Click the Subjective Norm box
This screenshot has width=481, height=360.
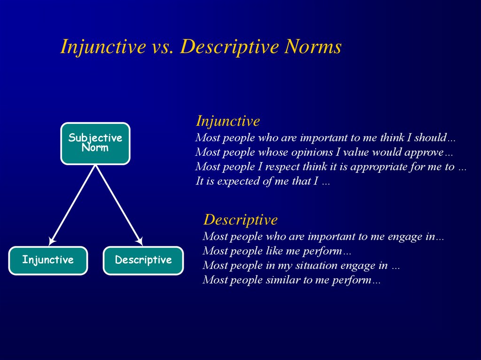point(95,144)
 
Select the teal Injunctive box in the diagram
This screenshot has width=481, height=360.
point(48,260)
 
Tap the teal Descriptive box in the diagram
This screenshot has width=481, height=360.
point(143,260)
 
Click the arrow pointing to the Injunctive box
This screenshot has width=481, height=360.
point(72,205)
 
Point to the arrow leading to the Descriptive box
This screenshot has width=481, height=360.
point(119,205)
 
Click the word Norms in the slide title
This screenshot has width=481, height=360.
point(312,47)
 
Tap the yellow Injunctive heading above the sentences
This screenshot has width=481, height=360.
point(228,121)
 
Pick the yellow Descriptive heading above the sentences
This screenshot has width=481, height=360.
point(240,220)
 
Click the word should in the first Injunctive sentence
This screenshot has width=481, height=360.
point(430,138)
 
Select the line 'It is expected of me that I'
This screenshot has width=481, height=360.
point(257,181)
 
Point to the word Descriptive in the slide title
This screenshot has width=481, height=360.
point(229,47)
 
